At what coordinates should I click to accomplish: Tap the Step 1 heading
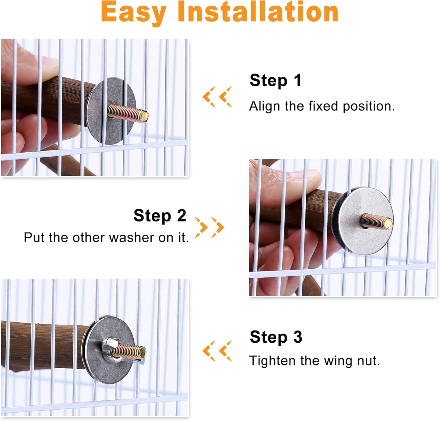[x=275, y=81]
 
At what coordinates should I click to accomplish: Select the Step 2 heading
[x=160, y=216]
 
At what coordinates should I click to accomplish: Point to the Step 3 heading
[x=276, y=337]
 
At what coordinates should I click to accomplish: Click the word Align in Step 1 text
[x=264, y=106]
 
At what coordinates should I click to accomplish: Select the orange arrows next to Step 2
[x=209, y=227]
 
